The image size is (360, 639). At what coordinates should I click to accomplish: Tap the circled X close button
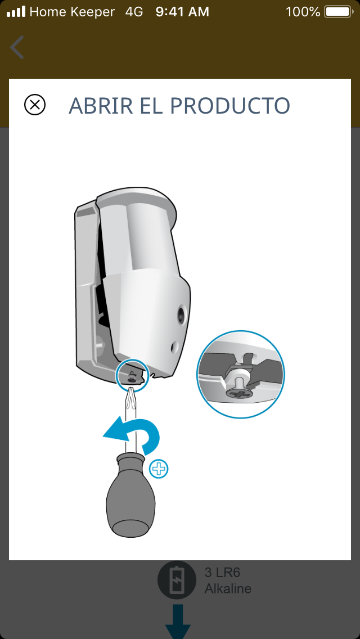click(x=35, y=105)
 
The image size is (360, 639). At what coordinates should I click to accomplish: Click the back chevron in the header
click(x=17, y=47)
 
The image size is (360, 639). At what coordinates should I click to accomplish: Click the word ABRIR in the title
click(x=101, y=106)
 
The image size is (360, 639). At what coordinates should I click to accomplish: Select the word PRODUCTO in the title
click(x=231, y=106)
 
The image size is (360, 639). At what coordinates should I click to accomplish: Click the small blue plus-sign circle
click(x=159, y=470)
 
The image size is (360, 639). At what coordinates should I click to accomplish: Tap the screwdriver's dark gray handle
click(x=130, y=494)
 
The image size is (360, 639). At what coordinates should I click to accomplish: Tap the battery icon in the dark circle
click(x=177, y=580)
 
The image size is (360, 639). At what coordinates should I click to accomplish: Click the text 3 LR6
click(x=222, y=573)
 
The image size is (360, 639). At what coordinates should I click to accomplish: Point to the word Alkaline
click(x=228, y=588)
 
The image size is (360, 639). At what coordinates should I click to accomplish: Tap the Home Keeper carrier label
click(x=72, y=12)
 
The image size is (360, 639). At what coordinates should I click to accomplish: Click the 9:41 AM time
click(x=182, y=12)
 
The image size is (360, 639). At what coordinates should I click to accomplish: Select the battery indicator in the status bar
click(x=339, y=12)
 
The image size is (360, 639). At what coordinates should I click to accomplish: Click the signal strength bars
click(x=16, y=12)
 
